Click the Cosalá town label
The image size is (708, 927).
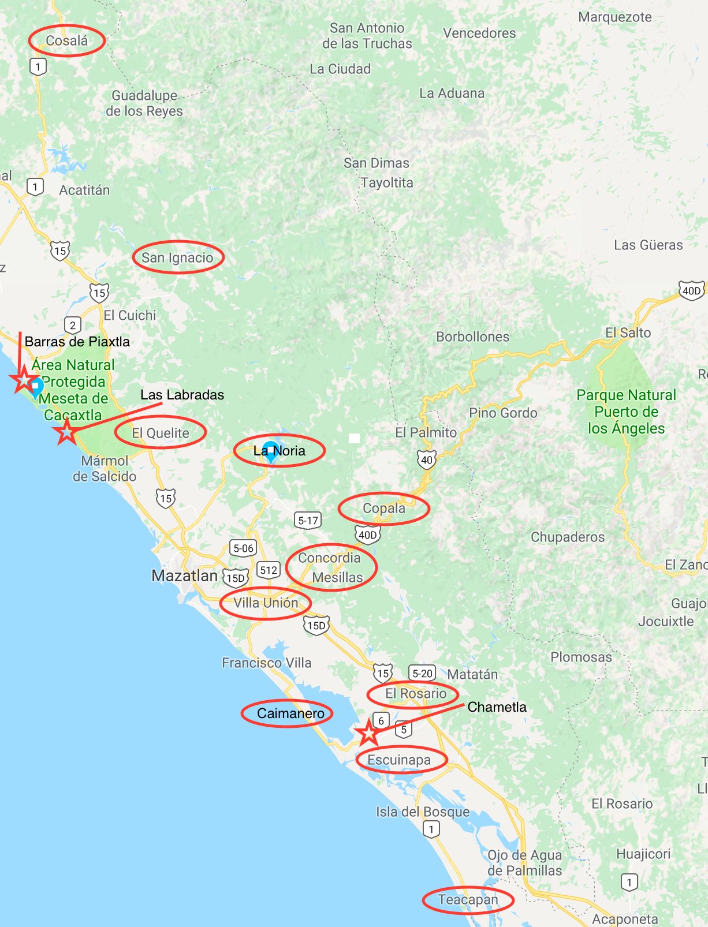pyautogui.click(x=66, y=41)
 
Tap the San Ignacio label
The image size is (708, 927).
pyautogui.click(x=177, y=258)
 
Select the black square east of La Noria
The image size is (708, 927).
pyautogui.click(x=354, y=439)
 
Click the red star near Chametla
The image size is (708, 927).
pyautogui.click(x=368, y=733)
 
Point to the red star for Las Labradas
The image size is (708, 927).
pyautogui.click(x=66, y=432)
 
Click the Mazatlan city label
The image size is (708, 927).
pyautogui.click(x=184, y=575)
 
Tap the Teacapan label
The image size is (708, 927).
pyautogui.click(x=468, y=900)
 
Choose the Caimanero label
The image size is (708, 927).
pyautogui.click(x=290, y=714)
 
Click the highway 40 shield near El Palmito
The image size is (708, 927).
pyautogui.click(x=427, y=460)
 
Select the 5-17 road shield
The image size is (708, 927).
pyautogui.click(x=308, y=521)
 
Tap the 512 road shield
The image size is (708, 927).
pyautogui.click(x=269, y=570)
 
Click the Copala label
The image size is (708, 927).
pyautogui.click(x=384, y=509)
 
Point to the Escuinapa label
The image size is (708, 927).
pyautogui.click(x=399, y=760)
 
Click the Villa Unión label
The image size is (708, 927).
pyautogui.click(x=266, y=603)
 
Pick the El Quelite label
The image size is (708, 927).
pyautogui.click(x=161, y=433)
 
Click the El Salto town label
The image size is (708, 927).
pyautogui.click(x=628, y=333)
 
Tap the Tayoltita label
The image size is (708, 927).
pyautogui.click(x=387, y=183)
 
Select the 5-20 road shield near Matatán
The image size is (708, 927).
pyautogui.click(x=422, y=673)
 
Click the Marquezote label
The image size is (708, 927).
pyautogui.click(x=615, y=17)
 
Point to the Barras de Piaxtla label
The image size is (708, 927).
pyautogui.click(x=77, y=342)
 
